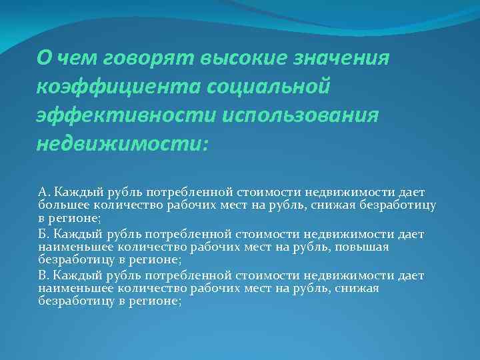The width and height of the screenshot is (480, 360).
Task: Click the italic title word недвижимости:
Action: [x=123, y=143]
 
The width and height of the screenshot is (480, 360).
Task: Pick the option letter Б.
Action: [x=43, y=234]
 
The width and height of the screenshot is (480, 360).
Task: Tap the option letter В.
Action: [x=43, y=275]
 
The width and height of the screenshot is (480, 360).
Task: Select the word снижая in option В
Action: [x=358, y=288]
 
